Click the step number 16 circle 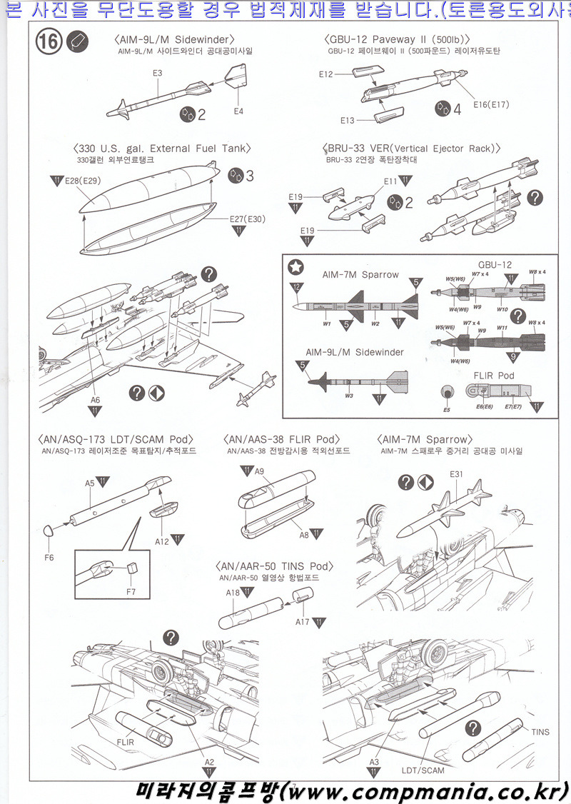[48, 42]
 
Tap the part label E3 [157, 73]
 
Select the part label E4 [238, 111]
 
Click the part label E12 [326, 74]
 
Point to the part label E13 [348, 120]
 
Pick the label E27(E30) [248, 218]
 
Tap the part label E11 [390, 181]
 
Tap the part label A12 [163, 542]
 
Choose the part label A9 [259, 471]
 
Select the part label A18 [233, 593]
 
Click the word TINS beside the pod [540, 732]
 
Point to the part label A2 [209, 762]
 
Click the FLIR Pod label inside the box [494, 375]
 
